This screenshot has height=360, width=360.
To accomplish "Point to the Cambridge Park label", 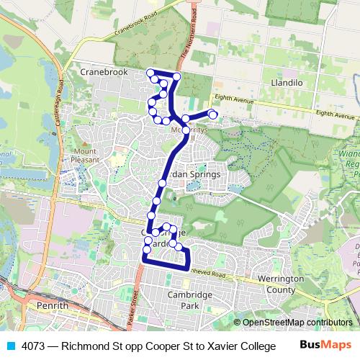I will click(x=189, y=300).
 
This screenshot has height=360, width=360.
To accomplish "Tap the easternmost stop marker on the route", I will click(x=213, y=114).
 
